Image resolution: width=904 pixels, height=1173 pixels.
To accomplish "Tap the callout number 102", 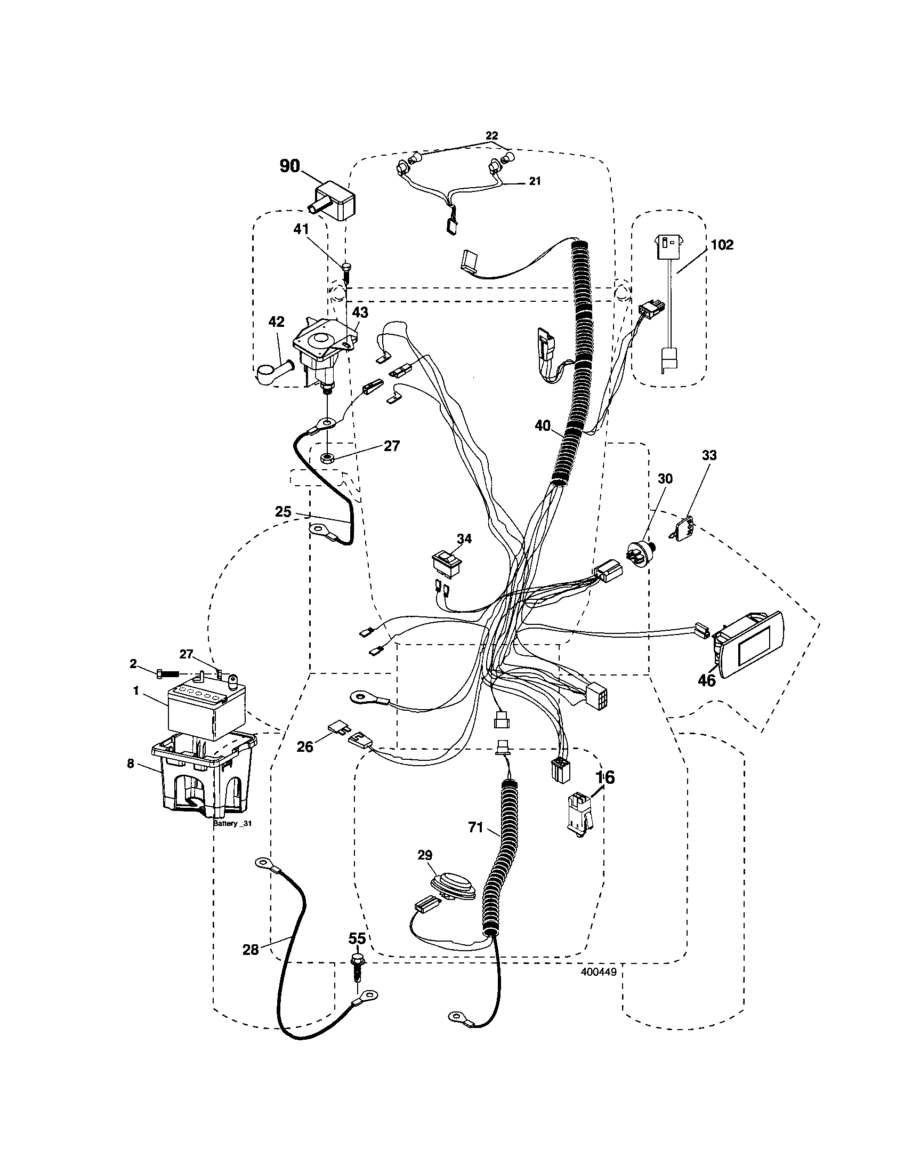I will tap(722, 245).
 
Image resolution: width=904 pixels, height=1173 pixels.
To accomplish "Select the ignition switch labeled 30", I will tap(641, 553).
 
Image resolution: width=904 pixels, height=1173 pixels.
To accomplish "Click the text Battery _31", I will tap(232, 823).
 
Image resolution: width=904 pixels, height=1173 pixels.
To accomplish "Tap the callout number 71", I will tap(475, 827).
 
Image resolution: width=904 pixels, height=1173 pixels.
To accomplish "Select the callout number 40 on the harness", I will tap(543, 426).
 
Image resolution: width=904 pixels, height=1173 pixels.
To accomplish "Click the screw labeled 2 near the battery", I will tap(166, 674).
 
